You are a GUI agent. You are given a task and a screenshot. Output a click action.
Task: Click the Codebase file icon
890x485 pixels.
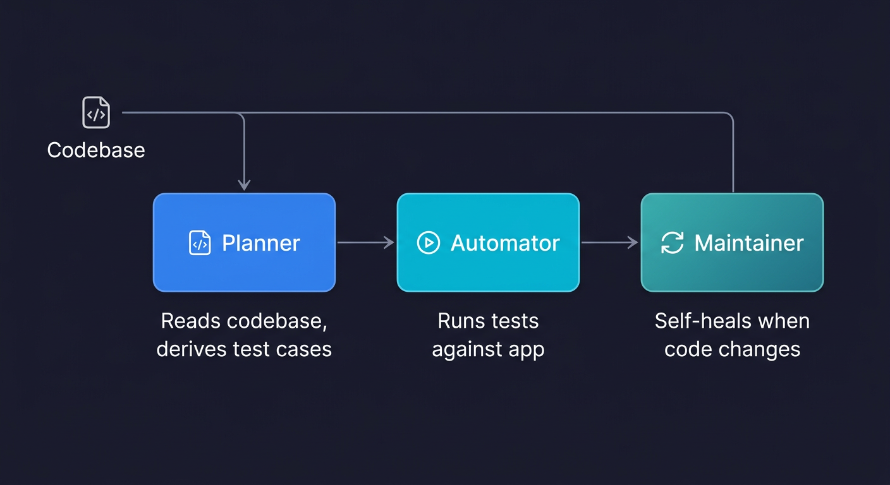(96, 113)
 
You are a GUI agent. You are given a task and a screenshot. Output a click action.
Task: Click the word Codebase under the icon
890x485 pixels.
(96, 150)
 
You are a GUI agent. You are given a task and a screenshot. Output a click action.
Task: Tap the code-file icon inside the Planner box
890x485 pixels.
(200, 243)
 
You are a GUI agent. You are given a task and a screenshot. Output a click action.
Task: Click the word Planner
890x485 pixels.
(260, 243)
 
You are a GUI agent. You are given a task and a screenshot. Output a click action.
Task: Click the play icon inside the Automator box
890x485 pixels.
(428, 243)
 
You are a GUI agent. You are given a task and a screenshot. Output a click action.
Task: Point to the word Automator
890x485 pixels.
(504, 243)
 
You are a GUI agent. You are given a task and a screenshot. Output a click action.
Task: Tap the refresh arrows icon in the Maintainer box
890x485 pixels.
(672, 243)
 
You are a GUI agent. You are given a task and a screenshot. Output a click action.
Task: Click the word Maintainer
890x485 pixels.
(749, 243)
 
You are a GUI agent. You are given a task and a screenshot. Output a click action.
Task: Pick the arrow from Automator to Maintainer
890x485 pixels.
(609, 242)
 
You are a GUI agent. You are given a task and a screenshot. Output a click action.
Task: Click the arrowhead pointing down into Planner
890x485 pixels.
(244, 184)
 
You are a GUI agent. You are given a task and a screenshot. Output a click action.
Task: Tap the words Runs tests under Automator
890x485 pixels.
(488, 321)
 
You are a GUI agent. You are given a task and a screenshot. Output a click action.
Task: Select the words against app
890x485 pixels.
(488, 349)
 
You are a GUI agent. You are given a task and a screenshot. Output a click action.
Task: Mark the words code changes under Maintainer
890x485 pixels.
(732, 349)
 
